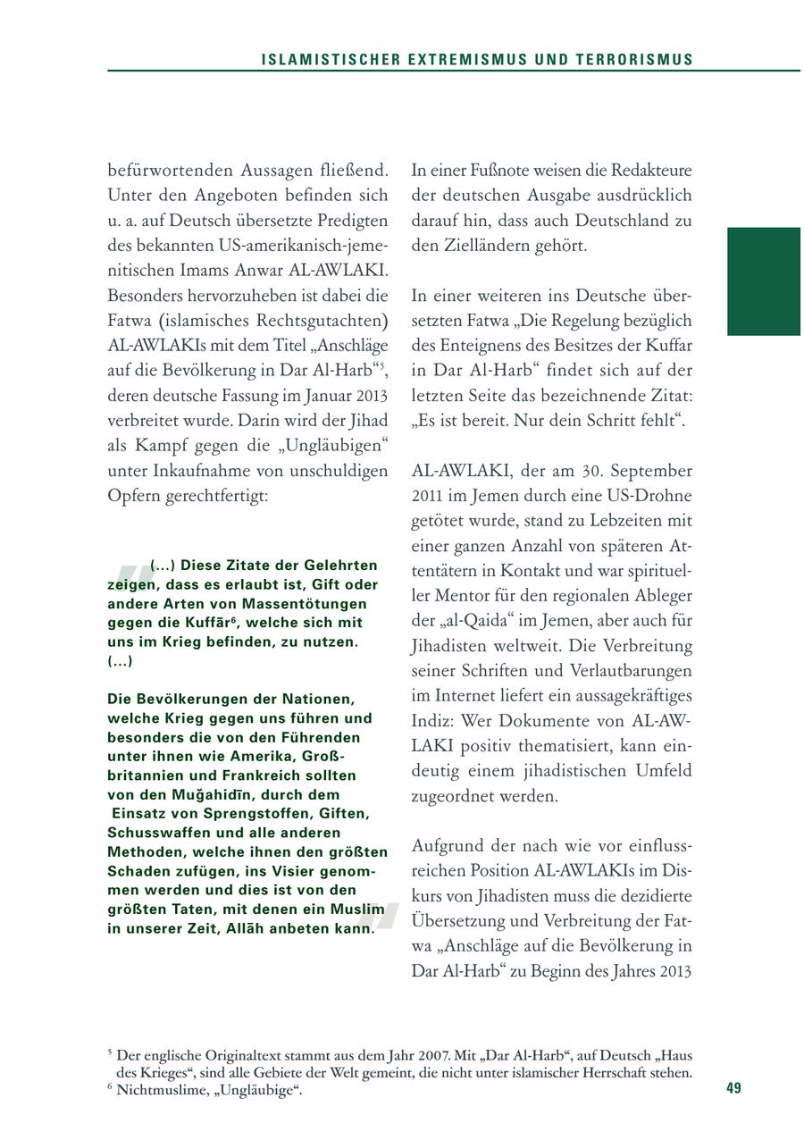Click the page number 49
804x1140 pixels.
pos(733,1088)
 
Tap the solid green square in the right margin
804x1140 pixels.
pos(764,281)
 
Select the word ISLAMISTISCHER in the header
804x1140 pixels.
pos(315,60)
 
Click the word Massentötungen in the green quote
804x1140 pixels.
pos(286,603)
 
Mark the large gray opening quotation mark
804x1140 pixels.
pos(130,579)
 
